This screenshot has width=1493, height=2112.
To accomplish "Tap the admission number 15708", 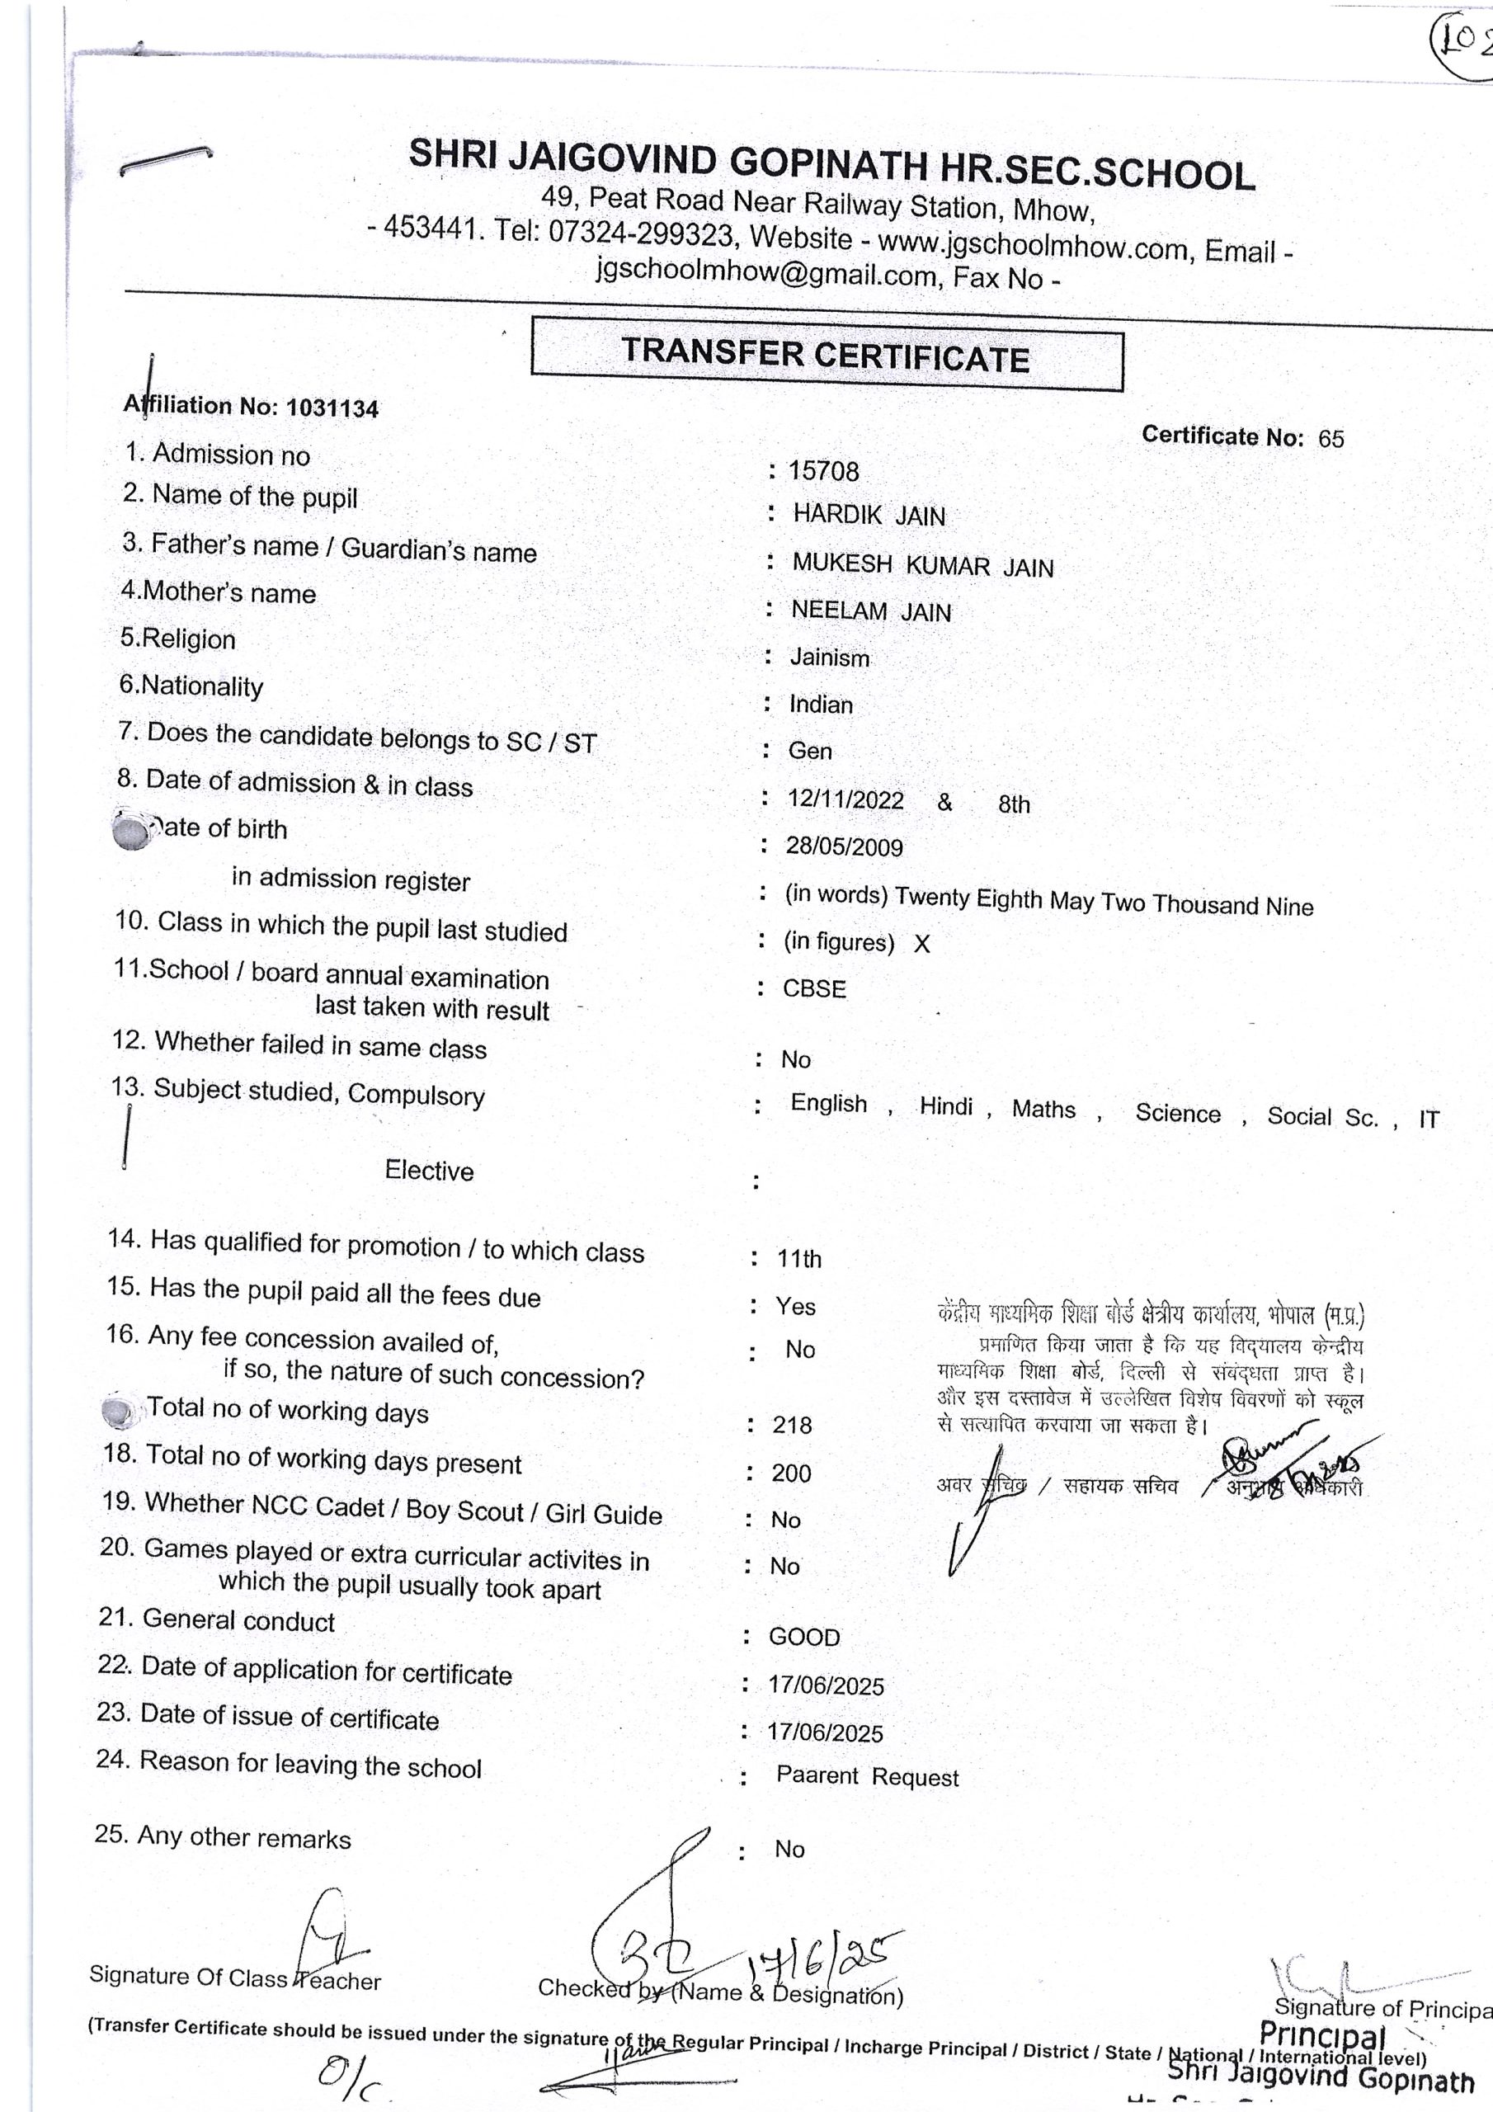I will coord(823,472).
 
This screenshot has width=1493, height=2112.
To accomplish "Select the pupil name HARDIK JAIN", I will coord(869,515).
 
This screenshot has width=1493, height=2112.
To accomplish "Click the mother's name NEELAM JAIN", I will coord(870,610).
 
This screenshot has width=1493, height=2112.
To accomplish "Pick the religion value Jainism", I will coord(829,658).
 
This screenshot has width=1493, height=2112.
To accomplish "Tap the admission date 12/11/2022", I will coord(845,799).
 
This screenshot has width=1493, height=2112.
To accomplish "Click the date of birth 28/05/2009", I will coord(844,846).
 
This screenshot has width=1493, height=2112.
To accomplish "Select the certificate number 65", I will coord(1331,439).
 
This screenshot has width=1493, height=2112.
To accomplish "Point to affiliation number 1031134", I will coord(332,408).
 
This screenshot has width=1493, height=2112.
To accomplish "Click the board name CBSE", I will coord(814,989).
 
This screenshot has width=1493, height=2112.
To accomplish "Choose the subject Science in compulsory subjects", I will coord(1177,1113).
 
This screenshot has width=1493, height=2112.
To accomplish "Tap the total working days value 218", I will coord(791,1425).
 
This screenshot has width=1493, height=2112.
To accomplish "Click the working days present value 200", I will coord(791,1473).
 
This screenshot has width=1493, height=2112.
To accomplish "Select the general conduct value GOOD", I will coord(804,1638).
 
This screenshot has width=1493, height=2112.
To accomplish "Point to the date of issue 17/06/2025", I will coord(825,1733).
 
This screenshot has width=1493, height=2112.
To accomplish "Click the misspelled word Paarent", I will coord(817,1775).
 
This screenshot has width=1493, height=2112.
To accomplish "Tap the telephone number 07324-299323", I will coord(640,233).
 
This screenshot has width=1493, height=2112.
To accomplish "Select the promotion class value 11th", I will coord(798,1258).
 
